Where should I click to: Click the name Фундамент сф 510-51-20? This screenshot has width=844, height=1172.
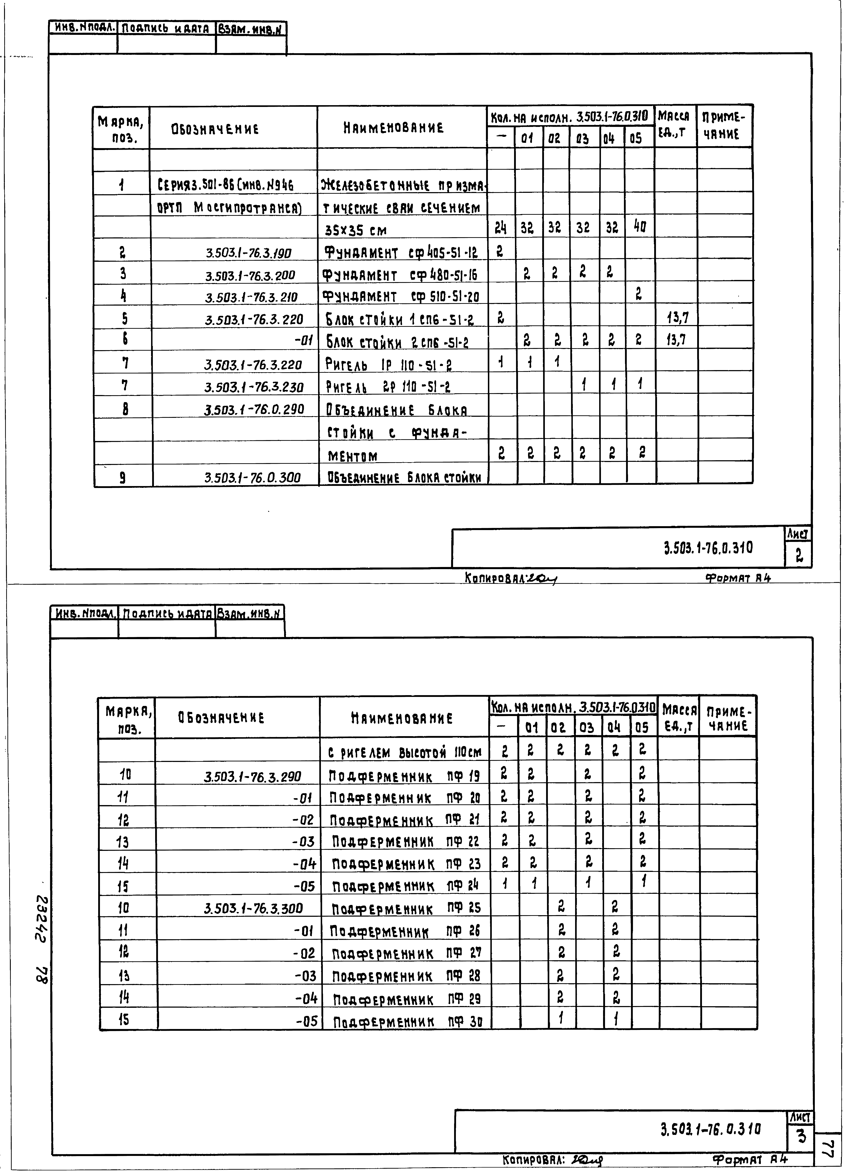pyautogui.click(x=400, y=297)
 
